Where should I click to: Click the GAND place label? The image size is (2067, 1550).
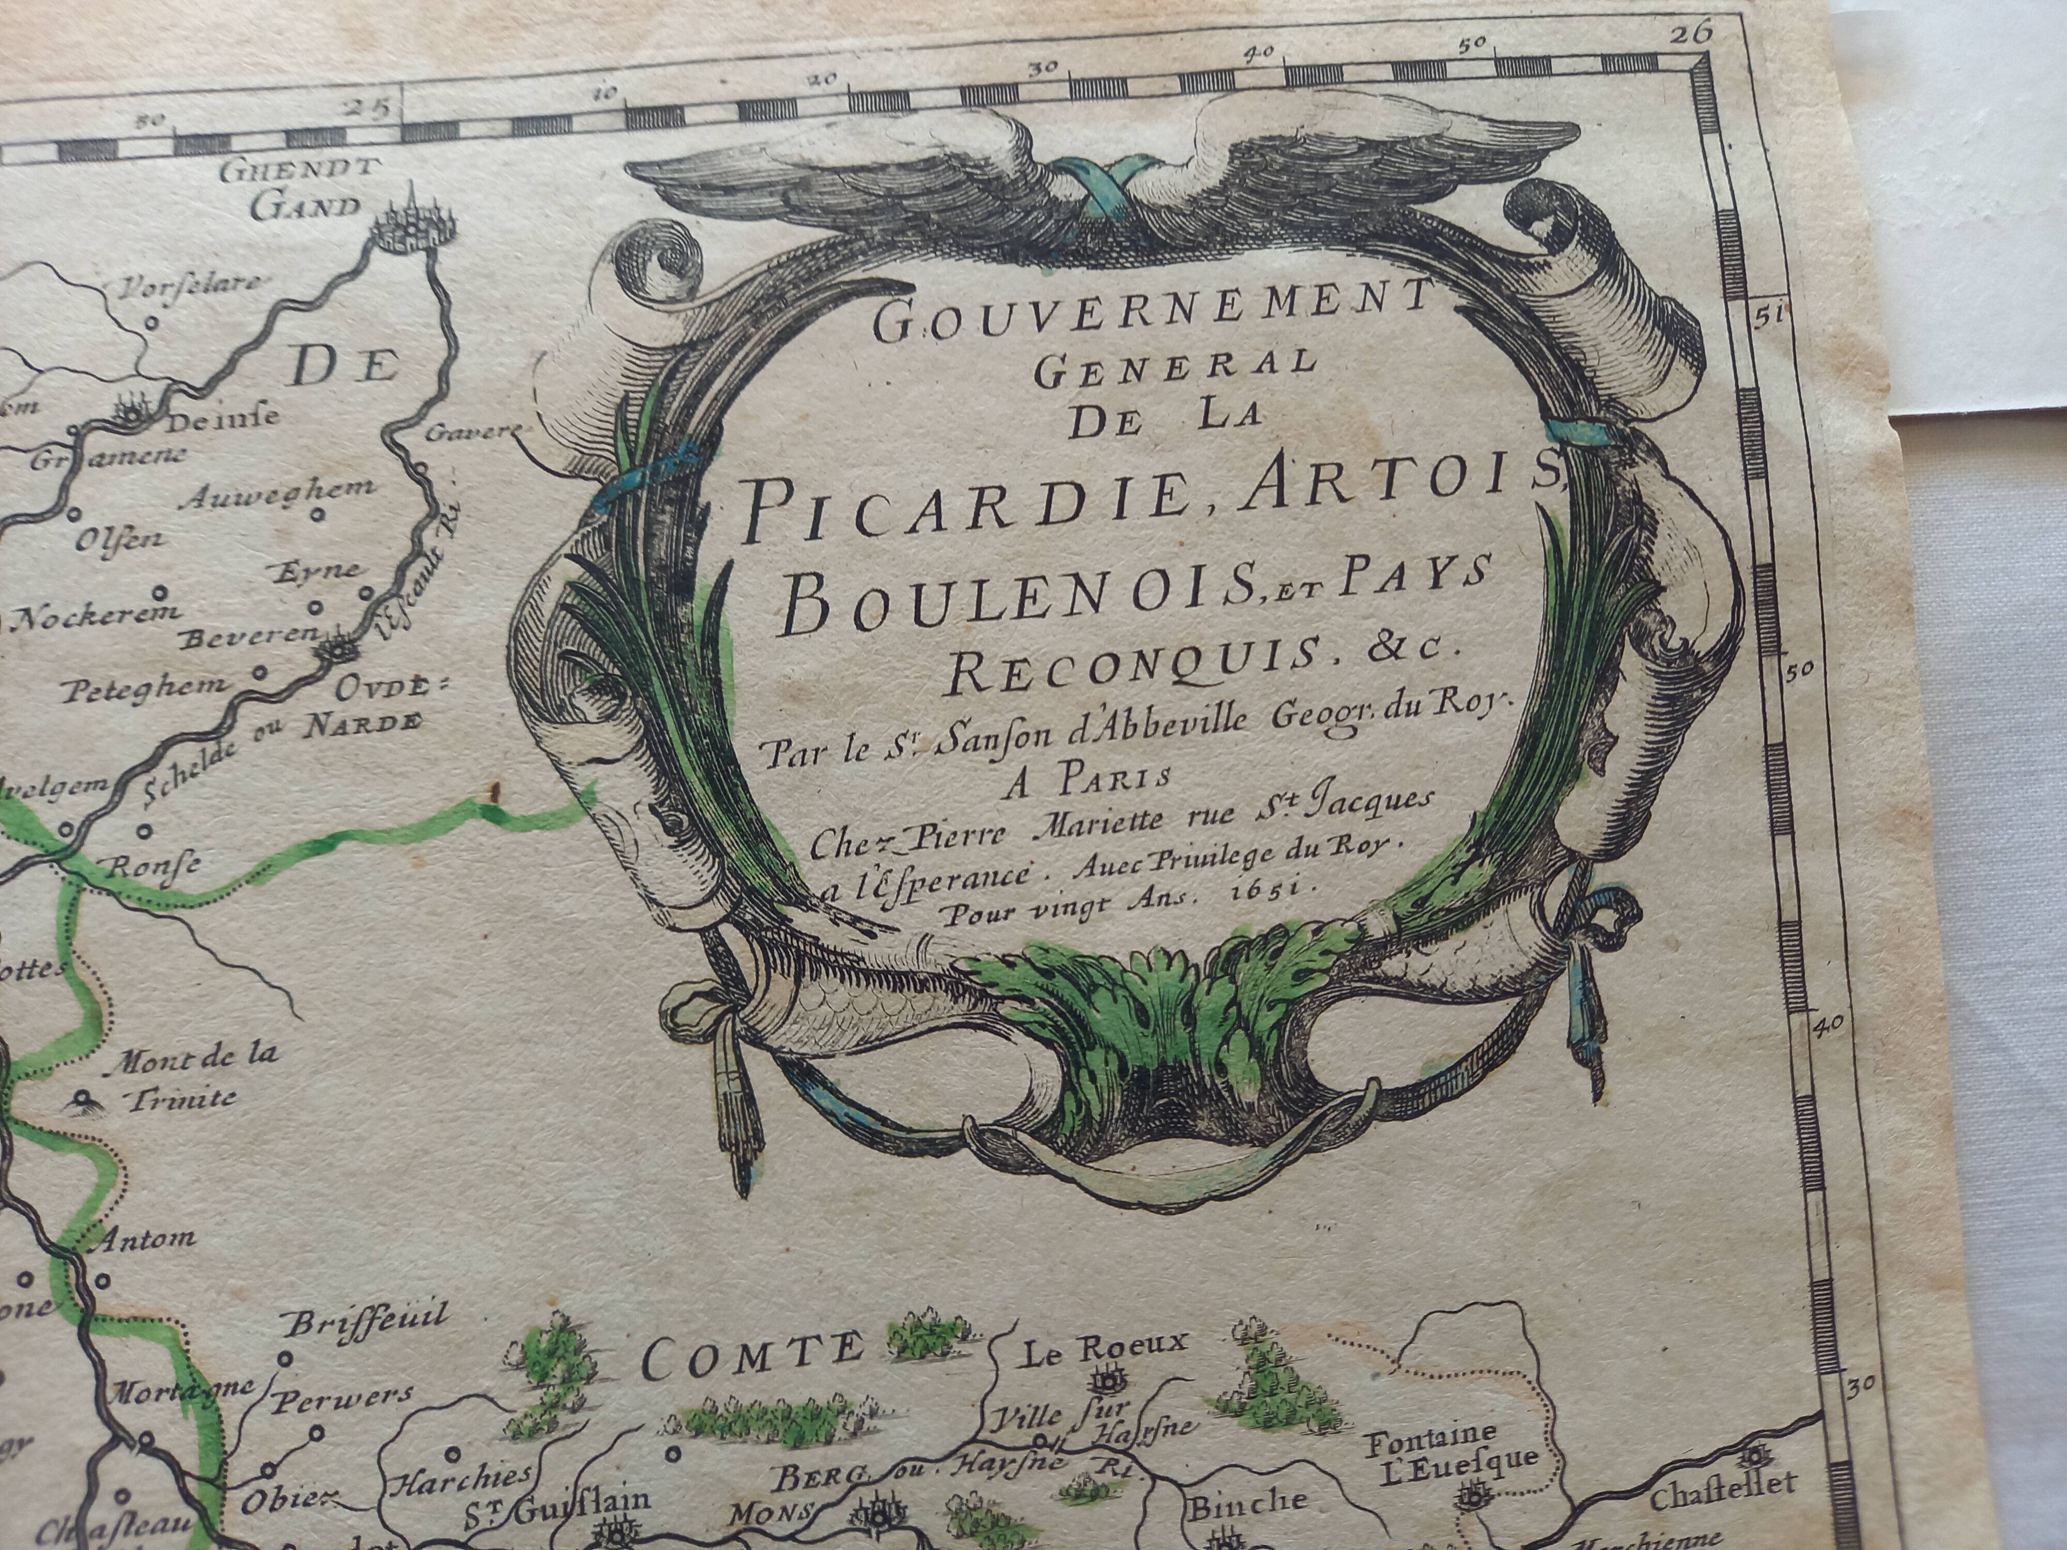(305, 207)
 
